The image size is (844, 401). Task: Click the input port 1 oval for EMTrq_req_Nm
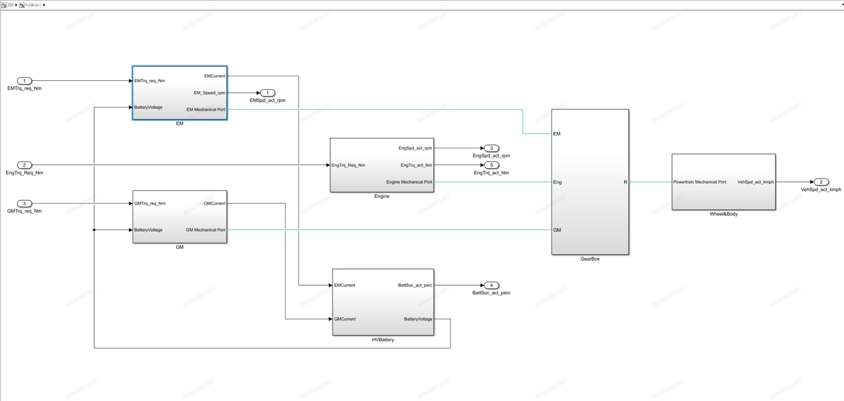[x=24, y=81]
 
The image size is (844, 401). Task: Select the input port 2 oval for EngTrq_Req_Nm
[x=24, y=165]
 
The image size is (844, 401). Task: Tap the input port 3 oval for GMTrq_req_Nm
[x=24, y=203]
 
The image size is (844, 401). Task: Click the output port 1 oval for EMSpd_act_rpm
[x=267, y=93]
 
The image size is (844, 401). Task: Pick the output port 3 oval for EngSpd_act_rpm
[x=491, y=148]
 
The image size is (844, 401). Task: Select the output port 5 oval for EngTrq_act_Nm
[x=491, y=165]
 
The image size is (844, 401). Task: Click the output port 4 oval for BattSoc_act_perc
[x=491, y=285]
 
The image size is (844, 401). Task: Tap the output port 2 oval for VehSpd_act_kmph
[x=821, y=182]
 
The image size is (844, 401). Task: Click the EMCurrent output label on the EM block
[x=215, y=76]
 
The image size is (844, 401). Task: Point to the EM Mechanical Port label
[x=206, y=109]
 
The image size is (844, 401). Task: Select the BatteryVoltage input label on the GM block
[x=148, y=230]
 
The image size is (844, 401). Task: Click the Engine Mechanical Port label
[x=409, y=182]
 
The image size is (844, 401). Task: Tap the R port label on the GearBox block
[x=625, y=182]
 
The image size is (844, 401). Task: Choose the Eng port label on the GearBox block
[x=557, y=182]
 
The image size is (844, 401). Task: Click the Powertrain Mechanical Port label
[x=699, y=182]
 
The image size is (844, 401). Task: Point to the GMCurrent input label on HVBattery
[x=345, y=319]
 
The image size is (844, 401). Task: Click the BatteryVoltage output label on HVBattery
[x=418, y=319]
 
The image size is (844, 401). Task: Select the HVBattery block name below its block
[x=383, y=340]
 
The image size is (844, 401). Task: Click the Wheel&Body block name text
[x=724, y=214]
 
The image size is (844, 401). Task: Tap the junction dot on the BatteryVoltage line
[x=94, y=230]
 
